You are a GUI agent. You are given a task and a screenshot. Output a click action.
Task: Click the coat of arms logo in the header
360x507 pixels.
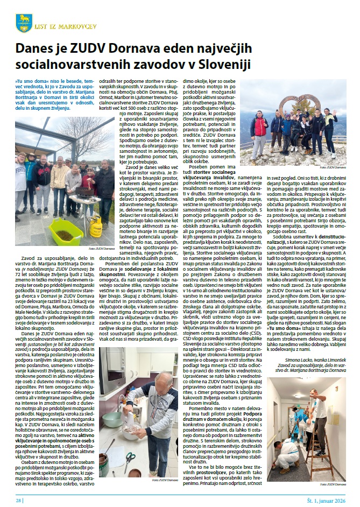24,22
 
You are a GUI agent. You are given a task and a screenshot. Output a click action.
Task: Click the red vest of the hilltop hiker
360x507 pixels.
259,128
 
